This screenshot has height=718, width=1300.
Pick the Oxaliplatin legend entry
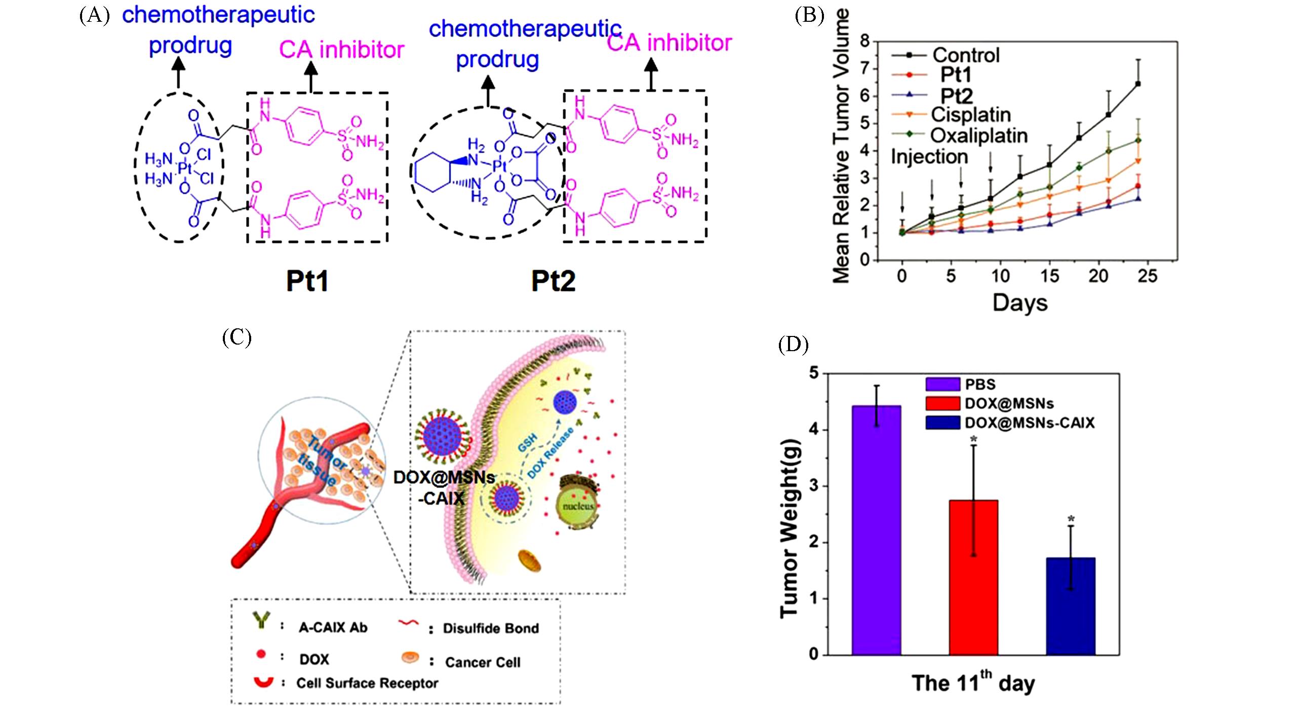click(979, 135)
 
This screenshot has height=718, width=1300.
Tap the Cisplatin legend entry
click(970, 115)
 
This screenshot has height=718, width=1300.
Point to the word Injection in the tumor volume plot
click(929, 157)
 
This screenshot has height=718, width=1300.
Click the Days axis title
click(1019, 303)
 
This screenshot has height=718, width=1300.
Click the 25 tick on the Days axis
click(1148, 276)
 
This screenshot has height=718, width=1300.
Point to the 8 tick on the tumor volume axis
click(864, 41)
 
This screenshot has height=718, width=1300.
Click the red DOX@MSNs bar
click(973, 577)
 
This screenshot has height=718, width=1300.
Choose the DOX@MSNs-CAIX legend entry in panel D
click(1029, 423)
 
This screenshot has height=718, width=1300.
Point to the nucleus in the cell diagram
click(578, 506)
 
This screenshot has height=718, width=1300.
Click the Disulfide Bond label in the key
click(490, 628)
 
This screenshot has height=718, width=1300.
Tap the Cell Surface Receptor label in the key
click(367, 683)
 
